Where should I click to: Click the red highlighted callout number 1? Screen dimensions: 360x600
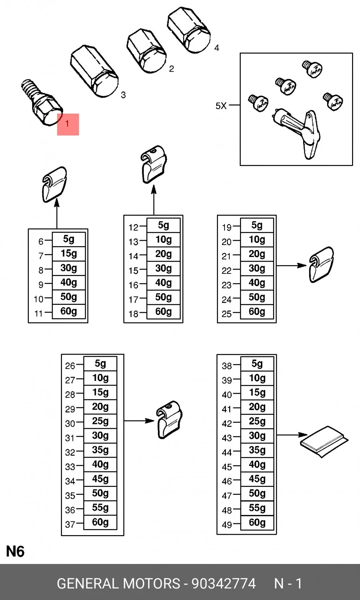pyautogui.click(x=67, y=124)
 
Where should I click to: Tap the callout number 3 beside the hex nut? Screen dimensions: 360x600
pyautogui.click(x=123, y=95)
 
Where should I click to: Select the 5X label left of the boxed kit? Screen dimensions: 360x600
pyautogui.click(x=221, y=106)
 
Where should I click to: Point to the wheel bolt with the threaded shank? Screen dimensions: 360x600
pyautogui.click(x=41, y=103)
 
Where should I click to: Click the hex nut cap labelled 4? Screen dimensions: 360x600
pyautogui.click(x=189, y=30)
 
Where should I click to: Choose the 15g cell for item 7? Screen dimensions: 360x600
pyautogui.click(x=68, y=253)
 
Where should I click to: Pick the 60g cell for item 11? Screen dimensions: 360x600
pyautogui.click(x=68, y=311)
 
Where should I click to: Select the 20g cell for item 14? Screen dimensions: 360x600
pyautogui.click(x=163, y=254)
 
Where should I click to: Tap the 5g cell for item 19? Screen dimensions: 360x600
pyautogui.click(x=257, y=225)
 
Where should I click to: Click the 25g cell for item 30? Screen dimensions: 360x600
pyautogui.click(x=100, y=421)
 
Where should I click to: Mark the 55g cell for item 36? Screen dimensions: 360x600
pyautogui.click(x=100, y=508)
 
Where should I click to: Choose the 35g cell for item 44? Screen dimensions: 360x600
pyautogui.click(x=257, y=450)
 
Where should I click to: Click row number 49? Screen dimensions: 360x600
pyautogui.click(x=227, y=525)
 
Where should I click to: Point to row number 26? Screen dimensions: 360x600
pyautogui.click(x=70, y=366)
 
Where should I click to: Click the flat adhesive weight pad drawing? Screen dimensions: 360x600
pyautogui.click(x=324, y=441)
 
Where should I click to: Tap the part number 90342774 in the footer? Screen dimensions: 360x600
pyautogui.click(x=224, y=583)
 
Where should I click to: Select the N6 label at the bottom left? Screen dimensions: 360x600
pyautogui.click(x=15, y=552)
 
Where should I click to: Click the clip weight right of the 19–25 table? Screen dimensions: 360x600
pyautogui.click(x=321, y=265)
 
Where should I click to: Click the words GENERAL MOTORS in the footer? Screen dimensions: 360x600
pyautogui.click(x=119, y=583)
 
